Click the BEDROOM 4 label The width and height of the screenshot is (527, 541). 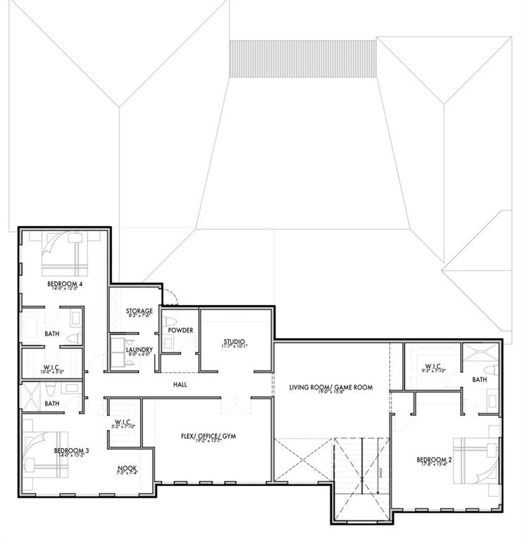click(x=62, y=285)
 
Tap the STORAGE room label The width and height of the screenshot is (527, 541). click(x=139, y=311)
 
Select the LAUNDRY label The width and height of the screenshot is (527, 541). click(x=139, y=349)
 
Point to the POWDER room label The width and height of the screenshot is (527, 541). click(x=180, y=330)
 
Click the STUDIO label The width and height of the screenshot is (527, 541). click(x=234, y=342)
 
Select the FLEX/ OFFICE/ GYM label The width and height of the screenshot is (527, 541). click(x=208, y=437)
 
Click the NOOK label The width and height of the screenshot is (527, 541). click(x=128, y=468)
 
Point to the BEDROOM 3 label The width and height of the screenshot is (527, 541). click(x=72, y=450)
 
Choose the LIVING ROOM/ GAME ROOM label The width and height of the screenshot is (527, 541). click(x=330, y=387)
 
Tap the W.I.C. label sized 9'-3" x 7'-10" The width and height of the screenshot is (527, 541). click(x=432, y=366)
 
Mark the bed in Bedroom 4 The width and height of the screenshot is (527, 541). click(x=63, y=255)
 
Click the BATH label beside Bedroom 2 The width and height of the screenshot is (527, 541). click(x=479, y=379)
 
